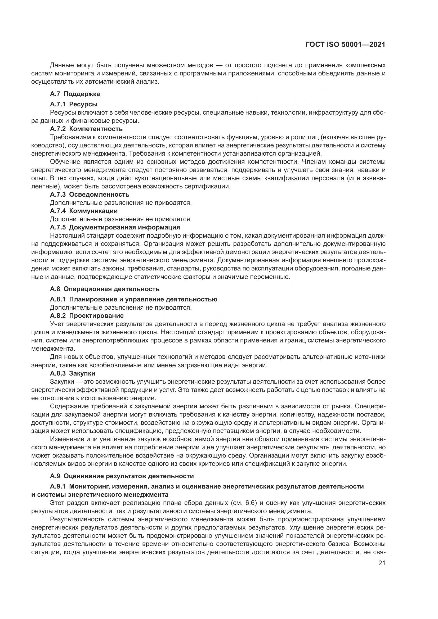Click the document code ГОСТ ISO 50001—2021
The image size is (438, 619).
345,45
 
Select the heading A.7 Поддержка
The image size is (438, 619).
75,94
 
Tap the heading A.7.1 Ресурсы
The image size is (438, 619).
74,104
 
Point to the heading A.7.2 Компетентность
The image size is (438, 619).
86,129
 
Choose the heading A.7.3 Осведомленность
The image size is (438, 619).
90,195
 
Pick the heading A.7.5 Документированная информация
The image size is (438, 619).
115,227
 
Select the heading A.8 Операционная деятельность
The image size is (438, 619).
105,289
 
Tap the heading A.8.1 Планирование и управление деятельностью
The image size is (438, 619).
133,299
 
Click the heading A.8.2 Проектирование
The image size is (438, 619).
87,315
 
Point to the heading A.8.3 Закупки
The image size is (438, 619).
73,373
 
